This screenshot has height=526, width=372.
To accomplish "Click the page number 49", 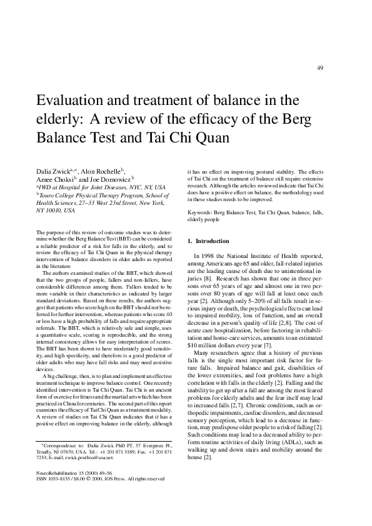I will tap(319, 68).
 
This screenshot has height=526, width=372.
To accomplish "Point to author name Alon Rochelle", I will tap(103, 171).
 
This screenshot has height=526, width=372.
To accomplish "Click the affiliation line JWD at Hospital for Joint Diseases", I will tap(100, 187).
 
